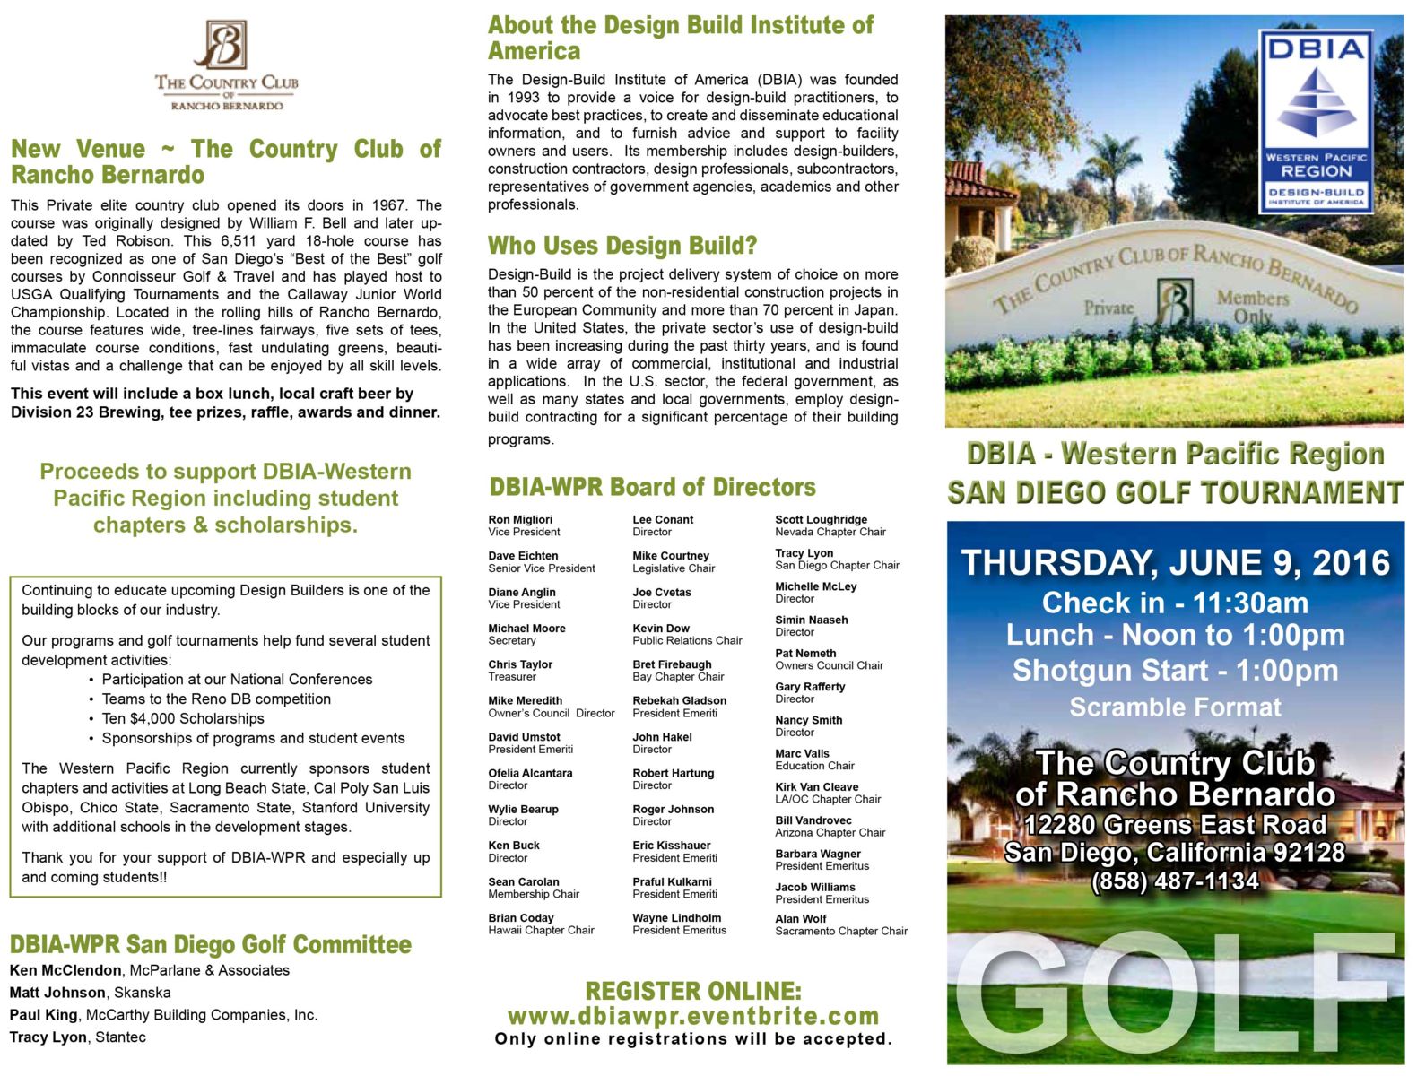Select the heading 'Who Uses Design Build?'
[x=622, y=246]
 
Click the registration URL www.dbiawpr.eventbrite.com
[x=693, y=1016]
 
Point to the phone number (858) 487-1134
[x=1175, y=881]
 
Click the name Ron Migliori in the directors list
[x=520, y=520]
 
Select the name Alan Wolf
[x=801, y=919]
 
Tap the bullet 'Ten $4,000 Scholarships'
[x=183, y=718]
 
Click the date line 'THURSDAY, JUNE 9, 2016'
[x=1175, y=563]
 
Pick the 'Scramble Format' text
[x=1175, y=707]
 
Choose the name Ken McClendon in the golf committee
[x=65, y=970]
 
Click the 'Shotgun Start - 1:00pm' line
[x=1175, y=671]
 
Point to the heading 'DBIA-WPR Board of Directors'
[x=652, y=488]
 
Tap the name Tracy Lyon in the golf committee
[x=48, y=1037]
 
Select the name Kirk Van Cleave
[x=816, y=787]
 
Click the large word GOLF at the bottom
[x=1175, y=995]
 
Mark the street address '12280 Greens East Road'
[x=1175, y=825]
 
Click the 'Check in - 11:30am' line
[x=1175, y=603]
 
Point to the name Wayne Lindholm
[x=676, y=918]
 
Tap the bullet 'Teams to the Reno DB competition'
[x=216, y=699]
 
